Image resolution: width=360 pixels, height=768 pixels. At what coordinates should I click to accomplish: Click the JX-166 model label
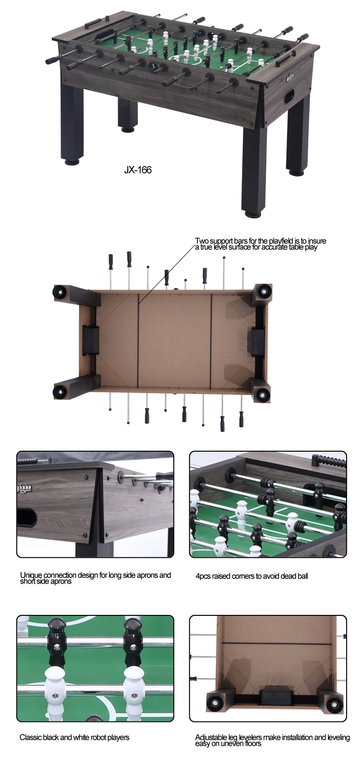pos(137,170)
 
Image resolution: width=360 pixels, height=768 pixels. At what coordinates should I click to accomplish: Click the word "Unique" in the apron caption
pos(31,575)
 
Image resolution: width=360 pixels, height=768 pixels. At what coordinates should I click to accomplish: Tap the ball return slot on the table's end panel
pos(290,97)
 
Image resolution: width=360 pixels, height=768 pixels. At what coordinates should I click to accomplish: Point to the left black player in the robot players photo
pos(57,642)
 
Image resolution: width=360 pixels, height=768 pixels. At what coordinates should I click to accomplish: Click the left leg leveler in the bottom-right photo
pos(216,703)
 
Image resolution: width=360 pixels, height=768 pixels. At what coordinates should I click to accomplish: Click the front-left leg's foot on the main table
pos(72,162)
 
